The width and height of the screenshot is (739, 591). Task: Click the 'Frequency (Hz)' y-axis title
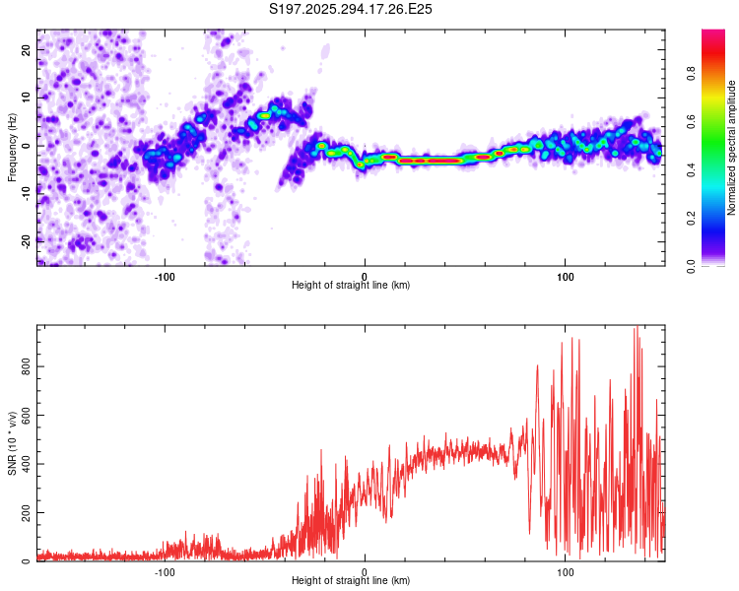pyautogui.click(x=12, y=148)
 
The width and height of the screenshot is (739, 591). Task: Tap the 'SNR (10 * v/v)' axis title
pyautogui.click(x=12, y=444)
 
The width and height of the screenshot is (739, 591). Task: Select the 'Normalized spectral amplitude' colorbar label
pyautogui.click(x=732, y=148)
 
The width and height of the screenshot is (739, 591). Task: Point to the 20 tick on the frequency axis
pyautogui.click(x=26, y=48)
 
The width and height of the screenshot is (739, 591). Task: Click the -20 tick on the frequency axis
pyautogui.click(x=26, y=241)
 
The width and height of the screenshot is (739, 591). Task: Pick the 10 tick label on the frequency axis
pyautogui.click(x=26, y=97)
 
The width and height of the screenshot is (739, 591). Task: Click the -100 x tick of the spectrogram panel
pyautogui.click(x=165, y=276)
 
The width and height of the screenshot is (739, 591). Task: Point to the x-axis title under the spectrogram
pyautogui.click(x=352, y=286)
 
